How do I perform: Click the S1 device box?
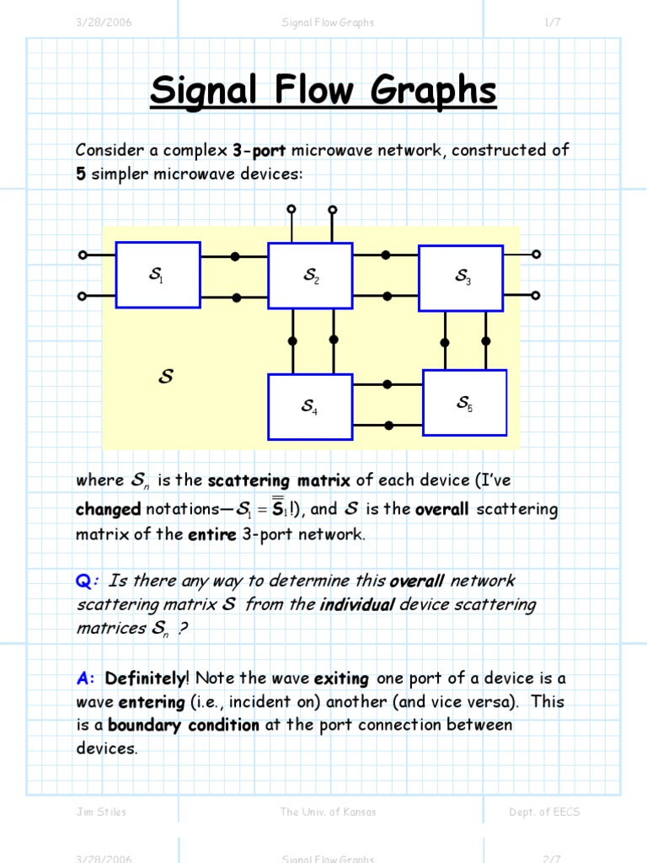pyautogui.click(x=158, y=275)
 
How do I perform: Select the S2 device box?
pyautogui.click(x=310, y=276)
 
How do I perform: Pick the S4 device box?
pyautogui.click(x=310, y=407)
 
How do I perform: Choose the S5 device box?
pyautogui.click(x=464, y=403)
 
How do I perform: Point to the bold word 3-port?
pyautogui.click(x=259, y=150)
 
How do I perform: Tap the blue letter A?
pyautogui.click(x=87, y=678)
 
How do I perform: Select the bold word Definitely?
pyautogui.click(x=146, y=678)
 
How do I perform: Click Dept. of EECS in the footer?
pyautogui.click(x=544, y=812)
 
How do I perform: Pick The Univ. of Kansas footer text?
pyautogui.click(x=328, y=812)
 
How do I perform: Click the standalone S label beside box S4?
pyautogui.click(x=166, y=378)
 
